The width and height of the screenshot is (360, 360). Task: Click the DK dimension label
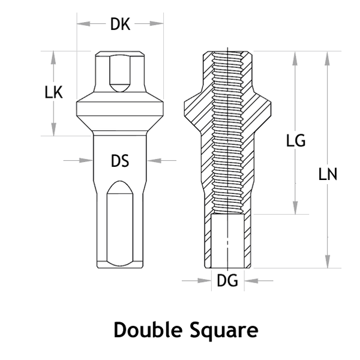click(121, 24)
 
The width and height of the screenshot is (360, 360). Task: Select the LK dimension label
click(54, 93)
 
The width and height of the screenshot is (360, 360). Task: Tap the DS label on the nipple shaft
click(120, 161)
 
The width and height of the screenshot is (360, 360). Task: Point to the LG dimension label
click(296, 140)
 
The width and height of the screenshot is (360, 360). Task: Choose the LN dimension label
click(328, 174)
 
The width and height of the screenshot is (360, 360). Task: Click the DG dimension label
click(227, 280)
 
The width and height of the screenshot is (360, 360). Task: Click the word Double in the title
click(148, 329)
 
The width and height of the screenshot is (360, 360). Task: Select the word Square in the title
click(224, 331)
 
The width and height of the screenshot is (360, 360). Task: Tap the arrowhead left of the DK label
click(83, 23)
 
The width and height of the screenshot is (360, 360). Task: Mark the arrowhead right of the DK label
click(157, 23)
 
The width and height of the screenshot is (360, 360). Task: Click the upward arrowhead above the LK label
click(54, 58)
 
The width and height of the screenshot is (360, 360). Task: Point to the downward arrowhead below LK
click(54, 129)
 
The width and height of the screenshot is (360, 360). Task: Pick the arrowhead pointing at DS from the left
click(86, 160)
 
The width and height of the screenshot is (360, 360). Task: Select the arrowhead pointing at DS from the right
click(154, 160)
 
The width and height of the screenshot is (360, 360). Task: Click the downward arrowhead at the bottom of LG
click(295, 208)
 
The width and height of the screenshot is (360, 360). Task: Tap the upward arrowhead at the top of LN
click(328, 58)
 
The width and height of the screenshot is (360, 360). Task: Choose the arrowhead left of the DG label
click(205, 280)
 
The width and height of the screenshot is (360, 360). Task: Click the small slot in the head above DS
click(120, 73)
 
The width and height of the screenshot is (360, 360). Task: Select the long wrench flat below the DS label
click(120, 224)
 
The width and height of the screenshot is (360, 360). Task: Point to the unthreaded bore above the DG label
click(227, 241)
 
